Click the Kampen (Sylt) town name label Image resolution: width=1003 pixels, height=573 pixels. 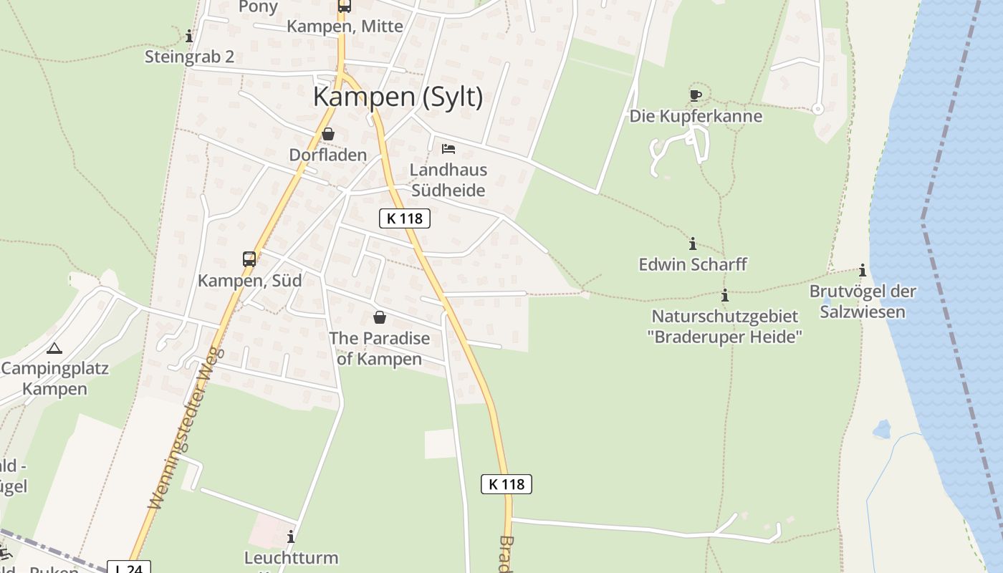pos(398,97)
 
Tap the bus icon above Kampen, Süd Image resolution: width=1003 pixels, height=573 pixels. pos(249,259)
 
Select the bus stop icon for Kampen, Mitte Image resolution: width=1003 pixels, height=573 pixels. pos(345,6)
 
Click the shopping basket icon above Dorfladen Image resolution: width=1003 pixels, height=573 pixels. pos(327,134)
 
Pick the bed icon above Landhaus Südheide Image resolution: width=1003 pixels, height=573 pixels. pos(448,149)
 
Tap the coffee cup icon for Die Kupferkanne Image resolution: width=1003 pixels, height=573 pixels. pos(695,95)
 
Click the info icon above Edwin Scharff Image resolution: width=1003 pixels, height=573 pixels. pos(692,244)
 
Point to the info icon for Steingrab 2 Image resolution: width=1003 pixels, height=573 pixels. pos(189,36)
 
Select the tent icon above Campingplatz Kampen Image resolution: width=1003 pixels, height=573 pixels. pos(54,349)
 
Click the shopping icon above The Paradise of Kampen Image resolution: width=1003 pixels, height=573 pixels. pos(379,317)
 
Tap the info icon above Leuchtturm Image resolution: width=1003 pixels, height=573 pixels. pos(291,536)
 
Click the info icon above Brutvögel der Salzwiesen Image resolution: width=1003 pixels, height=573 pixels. pos(863,271)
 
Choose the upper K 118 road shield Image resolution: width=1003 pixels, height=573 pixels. pos(405,218)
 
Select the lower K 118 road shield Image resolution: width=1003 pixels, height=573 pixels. pos(507,484)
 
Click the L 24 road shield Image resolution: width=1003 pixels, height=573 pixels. pos(130,568)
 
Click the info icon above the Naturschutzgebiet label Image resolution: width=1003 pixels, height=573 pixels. pos(725,295)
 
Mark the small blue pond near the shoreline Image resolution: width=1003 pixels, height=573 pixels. pos(881,429)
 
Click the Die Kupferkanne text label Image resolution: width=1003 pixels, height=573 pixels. pos(696,116)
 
